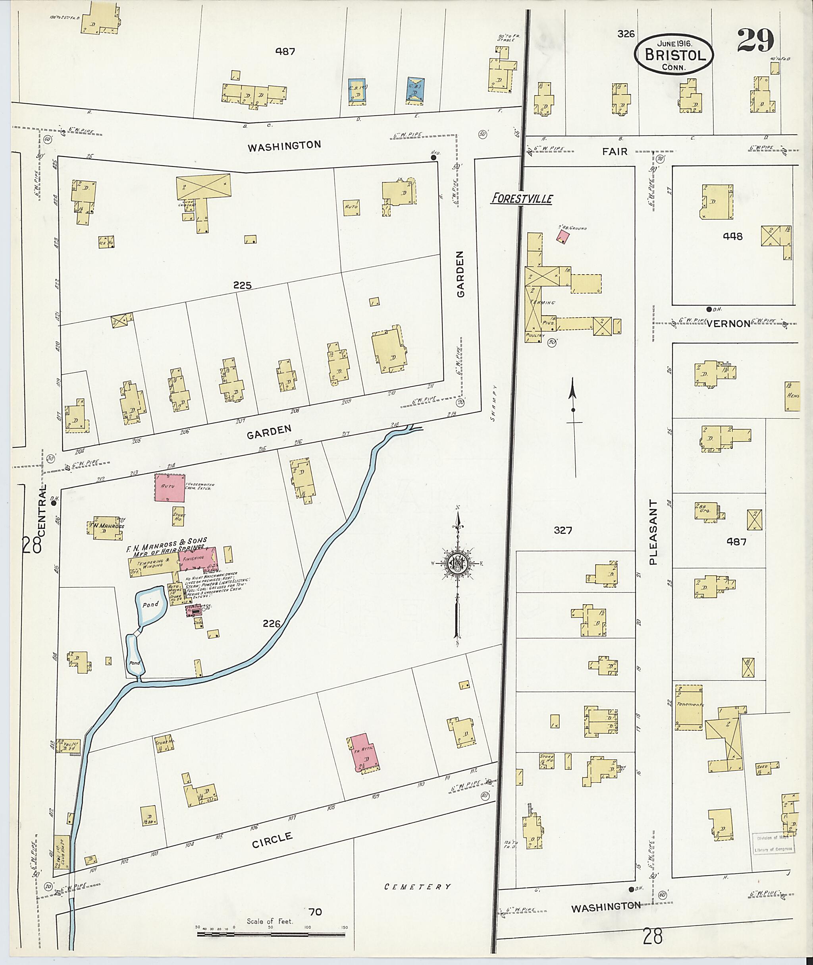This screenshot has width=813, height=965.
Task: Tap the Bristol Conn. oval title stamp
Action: coord(674,54)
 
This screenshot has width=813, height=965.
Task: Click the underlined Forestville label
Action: coord(522,199)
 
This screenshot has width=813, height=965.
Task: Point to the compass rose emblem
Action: coord(458,563)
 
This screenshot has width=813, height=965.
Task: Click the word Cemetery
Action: coord(418,887)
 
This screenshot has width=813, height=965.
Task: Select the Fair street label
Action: coord(615,152)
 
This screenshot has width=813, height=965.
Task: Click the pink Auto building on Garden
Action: coord(170,487)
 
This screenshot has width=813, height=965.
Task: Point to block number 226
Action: coord(272,624)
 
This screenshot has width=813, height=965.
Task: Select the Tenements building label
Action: coord(690,704)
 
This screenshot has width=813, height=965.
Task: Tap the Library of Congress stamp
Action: coord(773,844)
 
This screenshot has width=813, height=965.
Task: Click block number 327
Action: coord(563,530)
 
